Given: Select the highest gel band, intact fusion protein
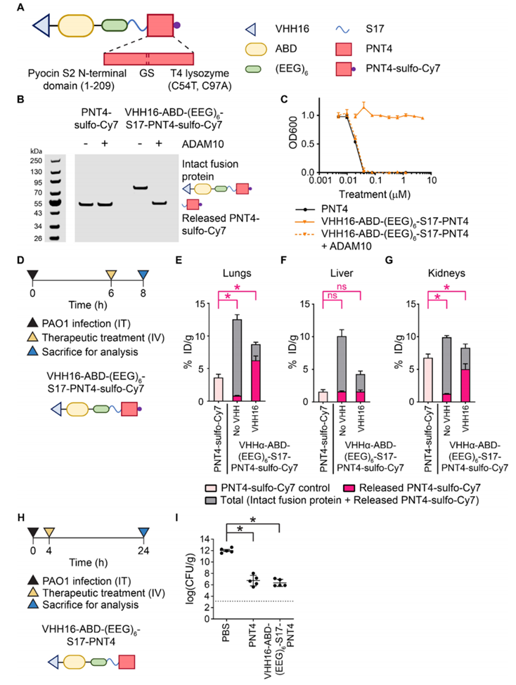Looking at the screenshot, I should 140,188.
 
